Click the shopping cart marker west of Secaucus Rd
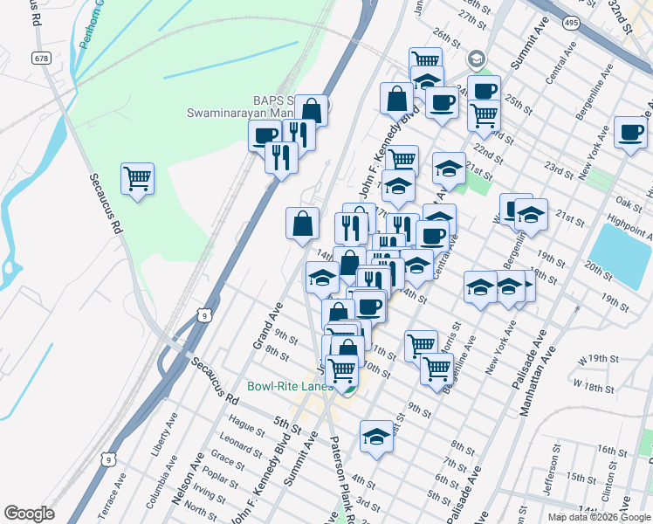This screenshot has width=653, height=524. tap(138, 179)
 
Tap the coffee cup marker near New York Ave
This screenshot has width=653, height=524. tap(629, 134)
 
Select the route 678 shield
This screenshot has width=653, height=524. tap(41, 58)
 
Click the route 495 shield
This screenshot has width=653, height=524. tap(572, 20)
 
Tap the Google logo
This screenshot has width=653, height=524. tap(29, 514)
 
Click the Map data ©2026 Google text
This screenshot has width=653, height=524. tap(598, 517)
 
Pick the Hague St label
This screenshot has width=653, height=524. tap(248, 426)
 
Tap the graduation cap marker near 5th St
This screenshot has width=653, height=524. tap(376, 436)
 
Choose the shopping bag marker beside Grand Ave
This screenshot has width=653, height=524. tap(301, 223)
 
